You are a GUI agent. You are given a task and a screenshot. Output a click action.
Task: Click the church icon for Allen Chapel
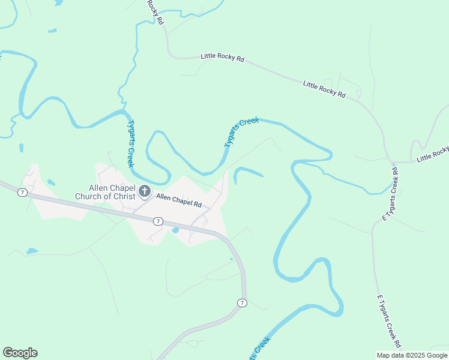(x=145, y=191)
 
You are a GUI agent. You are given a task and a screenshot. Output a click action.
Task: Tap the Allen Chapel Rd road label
(x=178, y=200)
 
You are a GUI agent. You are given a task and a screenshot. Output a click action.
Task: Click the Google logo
(x=20, y=353)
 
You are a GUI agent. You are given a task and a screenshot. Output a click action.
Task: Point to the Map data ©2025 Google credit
(x=412, y=355)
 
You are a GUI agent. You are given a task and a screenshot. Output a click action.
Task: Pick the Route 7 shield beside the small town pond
(x=157, y=221)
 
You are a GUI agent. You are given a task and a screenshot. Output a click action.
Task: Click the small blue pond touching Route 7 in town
(x=175, y=230)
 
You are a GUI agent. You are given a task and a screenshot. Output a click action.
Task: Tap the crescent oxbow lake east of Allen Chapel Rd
(x=247, y=174)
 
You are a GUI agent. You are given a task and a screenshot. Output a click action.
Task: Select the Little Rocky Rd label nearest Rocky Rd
(x=222, y=58)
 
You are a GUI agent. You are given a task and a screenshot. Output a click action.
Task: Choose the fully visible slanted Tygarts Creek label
(x=241, y=132)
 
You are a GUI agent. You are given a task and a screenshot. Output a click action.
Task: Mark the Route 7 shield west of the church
(x=22, y=192)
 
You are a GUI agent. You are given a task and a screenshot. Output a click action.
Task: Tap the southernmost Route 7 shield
(x=241, y=302)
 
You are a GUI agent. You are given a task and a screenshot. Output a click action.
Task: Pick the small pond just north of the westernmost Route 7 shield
(x=51, y=182)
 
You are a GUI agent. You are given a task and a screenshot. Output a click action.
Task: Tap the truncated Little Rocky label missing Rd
(x=433, y=154)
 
